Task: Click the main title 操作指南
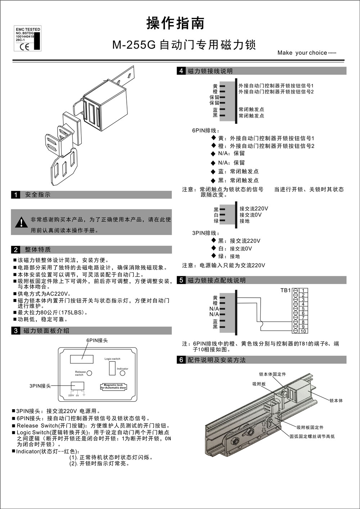[175, 23]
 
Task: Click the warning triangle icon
[22, 222]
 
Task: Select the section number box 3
[15, 331]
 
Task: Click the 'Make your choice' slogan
[306, 53]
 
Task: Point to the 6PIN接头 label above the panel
[97, 340]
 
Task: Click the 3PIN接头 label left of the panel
[40, 386]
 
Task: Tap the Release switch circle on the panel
[89, 373]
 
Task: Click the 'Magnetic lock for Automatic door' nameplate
[113, 386]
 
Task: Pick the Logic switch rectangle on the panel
[112, 368]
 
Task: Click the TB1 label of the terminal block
[285, 290]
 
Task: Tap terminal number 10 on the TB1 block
[303, 331]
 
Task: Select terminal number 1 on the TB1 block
[303, 290]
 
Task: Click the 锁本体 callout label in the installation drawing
[336, 401]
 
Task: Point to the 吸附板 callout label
[259, 384]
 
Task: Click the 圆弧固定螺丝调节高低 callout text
[312, 436]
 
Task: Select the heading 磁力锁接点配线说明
[217, 280]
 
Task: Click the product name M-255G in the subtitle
[134, 45]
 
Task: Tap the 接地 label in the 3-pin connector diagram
[244, 221]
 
